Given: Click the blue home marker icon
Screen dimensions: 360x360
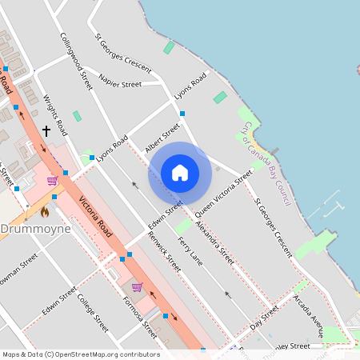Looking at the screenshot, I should pyautogui.click(x=180, y=173).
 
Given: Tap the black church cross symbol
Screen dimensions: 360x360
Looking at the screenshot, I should pyautogui.click(x=46, y=130).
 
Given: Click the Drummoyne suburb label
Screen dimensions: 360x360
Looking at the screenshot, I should pyautogui.click(x=35, y=229).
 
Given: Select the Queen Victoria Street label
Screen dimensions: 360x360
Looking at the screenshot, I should pyautogui.click(x=223, y=190).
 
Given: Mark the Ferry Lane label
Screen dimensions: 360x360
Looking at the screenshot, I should pyautogui.click(x=190, y=252).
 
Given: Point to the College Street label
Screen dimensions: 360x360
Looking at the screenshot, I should pyautogui.click(x=93, y=313).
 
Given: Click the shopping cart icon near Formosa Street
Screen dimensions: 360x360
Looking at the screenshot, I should pyautogui.click(x=137, y=286).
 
